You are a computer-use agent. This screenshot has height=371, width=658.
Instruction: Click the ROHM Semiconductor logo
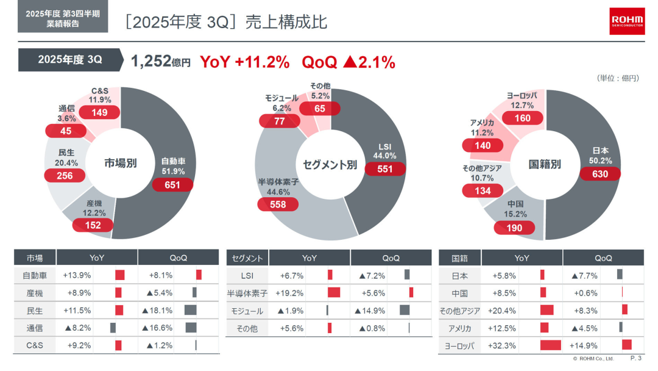(627, 21)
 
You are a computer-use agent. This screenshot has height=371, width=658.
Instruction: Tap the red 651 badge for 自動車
(172, 185)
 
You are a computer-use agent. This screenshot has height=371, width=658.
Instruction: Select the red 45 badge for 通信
(66, 131)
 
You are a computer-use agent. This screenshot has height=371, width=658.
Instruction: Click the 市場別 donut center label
(120, 164)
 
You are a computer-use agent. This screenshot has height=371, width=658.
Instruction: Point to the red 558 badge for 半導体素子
(278, 204)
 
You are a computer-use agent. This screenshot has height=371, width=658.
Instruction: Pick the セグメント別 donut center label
(330, 164)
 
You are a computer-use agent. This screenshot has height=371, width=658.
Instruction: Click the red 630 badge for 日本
(600, 174)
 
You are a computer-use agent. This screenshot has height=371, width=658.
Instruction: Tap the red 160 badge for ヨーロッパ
(523, 118)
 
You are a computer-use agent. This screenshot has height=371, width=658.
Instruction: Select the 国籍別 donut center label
(544, 164)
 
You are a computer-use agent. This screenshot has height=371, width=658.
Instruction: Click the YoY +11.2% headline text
(244, 62)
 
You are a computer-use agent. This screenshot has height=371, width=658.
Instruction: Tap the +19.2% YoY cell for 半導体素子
(289, 293)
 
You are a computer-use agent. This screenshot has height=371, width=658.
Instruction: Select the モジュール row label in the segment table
(247, 311)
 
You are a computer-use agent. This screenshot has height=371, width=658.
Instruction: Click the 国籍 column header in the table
(460, 258)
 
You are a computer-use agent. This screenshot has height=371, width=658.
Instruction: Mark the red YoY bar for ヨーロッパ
(550, 345)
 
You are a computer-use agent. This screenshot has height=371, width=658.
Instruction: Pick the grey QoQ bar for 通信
(191, 328)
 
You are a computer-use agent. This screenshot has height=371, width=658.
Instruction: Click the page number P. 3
(635, 358)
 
